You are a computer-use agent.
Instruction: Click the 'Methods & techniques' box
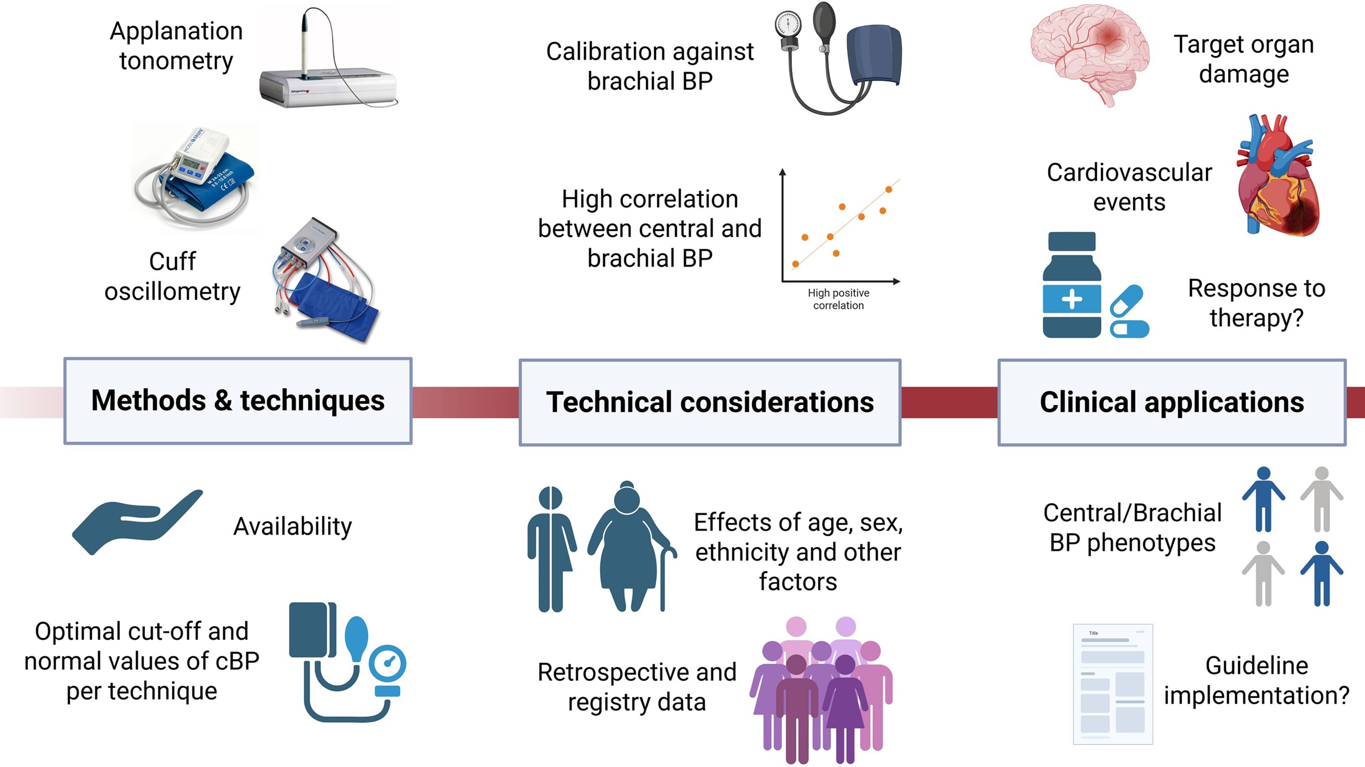238,401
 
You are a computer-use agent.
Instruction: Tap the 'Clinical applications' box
1172,402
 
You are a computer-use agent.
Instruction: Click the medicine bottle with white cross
1071,286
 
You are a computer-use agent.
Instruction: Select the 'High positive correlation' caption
838,299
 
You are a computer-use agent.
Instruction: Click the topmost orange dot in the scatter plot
889,189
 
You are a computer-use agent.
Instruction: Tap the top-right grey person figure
1322,498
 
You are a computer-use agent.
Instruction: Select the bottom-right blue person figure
1322,572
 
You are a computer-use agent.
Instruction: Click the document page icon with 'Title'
1113,684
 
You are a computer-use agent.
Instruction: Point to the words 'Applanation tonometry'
176,46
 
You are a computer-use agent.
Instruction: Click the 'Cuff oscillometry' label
172,276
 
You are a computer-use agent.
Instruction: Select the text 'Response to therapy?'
1256,303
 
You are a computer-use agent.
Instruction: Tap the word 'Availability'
292,526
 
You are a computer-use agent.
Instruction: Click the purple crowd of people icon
821,689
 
